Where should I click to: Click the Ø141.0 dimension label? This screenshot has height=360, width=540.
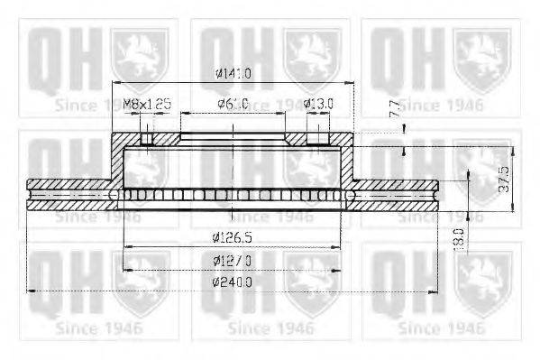point(232,74)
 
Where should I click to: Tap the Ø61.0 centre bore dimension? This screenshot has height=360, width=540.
point(232,104)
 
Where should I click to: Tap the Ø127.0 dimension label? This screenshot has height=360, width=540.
point(232,260)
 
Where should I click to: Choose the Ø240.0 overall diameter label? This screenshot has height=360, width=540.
point(232,282)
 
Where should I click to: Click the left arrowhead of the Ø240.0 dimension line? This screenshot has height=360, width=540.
point(32,291)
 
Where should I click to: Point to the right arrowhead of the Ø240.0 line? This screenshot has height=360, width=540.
point(435,291)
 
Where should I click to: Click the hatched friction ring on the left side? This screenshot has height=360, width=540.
point(68,194)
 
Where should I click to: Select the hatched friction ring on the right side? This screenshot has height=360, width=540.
point(397,194)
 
